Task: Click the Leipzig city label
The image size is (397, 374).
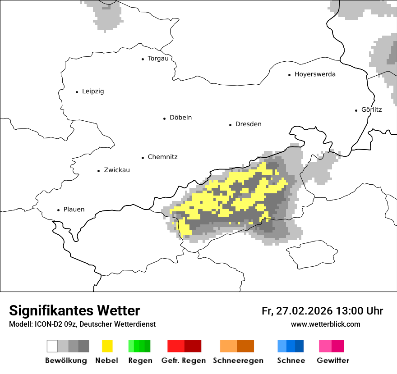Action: pos(92,91)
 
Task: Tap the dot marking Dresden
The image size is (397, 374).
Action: pos(230,124)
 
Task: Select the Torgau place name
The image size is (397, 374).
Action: pos(158,59)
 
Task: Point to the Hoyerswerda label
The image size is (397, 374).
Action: pos(315,74)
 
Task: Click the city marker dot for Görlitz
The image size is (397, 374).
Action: pos(356,110)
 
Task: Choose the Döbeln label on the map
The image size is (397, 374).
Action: pos(180,118)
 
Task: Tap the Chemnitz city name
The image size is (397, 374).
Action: pos(162,157)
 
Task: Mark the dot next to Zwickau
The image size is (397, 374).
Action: pos(98,171)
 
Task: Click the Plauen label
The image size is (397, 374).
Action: pos(74,210)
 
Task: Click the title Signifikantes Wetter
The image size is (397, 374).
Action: pos(74,311)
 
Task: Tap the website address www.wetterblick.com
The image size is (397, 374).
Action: pos(325,324)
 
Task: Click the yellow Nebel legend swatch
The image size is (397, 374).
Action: pos(107,346)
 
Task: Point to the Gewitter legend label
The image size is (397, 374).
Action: pos(332,360)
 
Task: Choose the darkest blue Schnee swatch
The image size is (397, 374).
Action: pos(300,346)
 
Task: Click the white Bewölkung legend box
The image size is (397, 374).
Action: pos(52,346)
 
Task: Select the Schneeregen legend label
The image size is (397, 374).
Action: pos(238,360)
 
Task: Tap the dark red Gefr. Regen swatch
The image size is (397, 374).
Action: pos(193,346)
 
